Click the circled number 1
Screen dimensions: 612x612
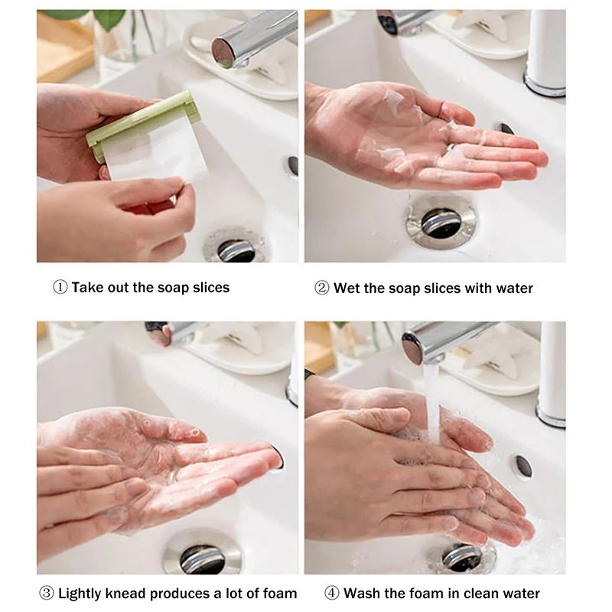coord(60,288)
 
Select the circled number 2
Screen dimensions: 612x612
coord(321,288)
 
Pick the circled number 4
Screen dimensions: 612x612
coord(331,593)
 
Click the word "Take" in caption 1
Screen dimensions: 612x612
coord(88,288)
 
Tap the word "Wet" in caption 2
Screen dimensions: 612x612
coord(348,288)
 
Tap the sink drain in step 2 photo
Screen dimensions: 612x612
coord(441,221)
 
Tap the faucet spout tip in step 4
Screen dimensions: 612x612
coord(414,348)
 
